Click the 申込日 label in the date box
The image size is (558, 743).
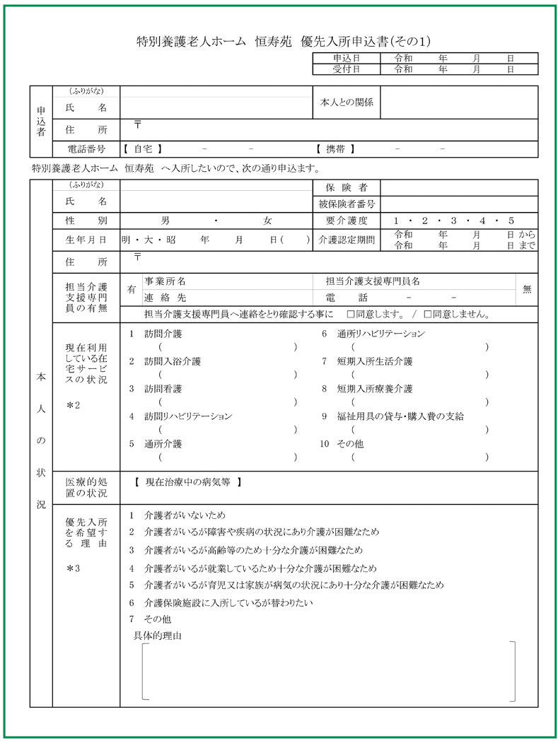click(346, 59)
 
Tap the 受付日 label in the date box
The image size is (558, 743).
click(346, 69)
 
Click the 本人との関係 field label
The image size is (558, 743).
click(347, 103)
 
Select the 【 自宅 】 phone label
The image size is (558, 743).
click(143, 149)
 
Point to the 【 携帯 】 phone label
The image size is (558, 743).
click(335, 149)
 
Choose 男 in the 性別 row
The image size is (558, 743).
click(165, 221)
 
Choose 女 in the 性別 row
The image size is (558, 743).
click(267, 221)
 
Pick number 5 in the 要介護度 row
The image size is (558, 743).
click(511, 221)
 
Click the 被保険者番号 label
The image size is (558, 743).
click(347, 204)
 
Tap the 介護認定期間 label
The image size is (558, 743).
click(347, 240)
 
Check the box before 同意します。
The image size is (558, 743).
click(349, 314)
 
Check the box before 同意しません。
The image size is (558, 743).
click(427, 314)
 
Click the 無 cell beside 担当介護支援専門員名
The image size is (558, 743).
click(527, 289)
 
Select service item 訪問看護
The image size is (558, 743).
click(163, 389)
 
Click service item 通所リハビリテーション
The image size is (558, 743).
click(381, 334)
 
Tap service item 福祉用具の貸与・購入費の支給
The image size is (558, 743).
click(400, 416)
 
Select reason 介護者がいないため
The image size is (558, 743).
click(185, 515)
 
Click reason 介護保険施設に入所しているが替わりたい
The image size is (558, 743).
click(228, 603)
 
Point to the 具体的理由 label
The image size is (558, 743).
click(158, 636)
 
